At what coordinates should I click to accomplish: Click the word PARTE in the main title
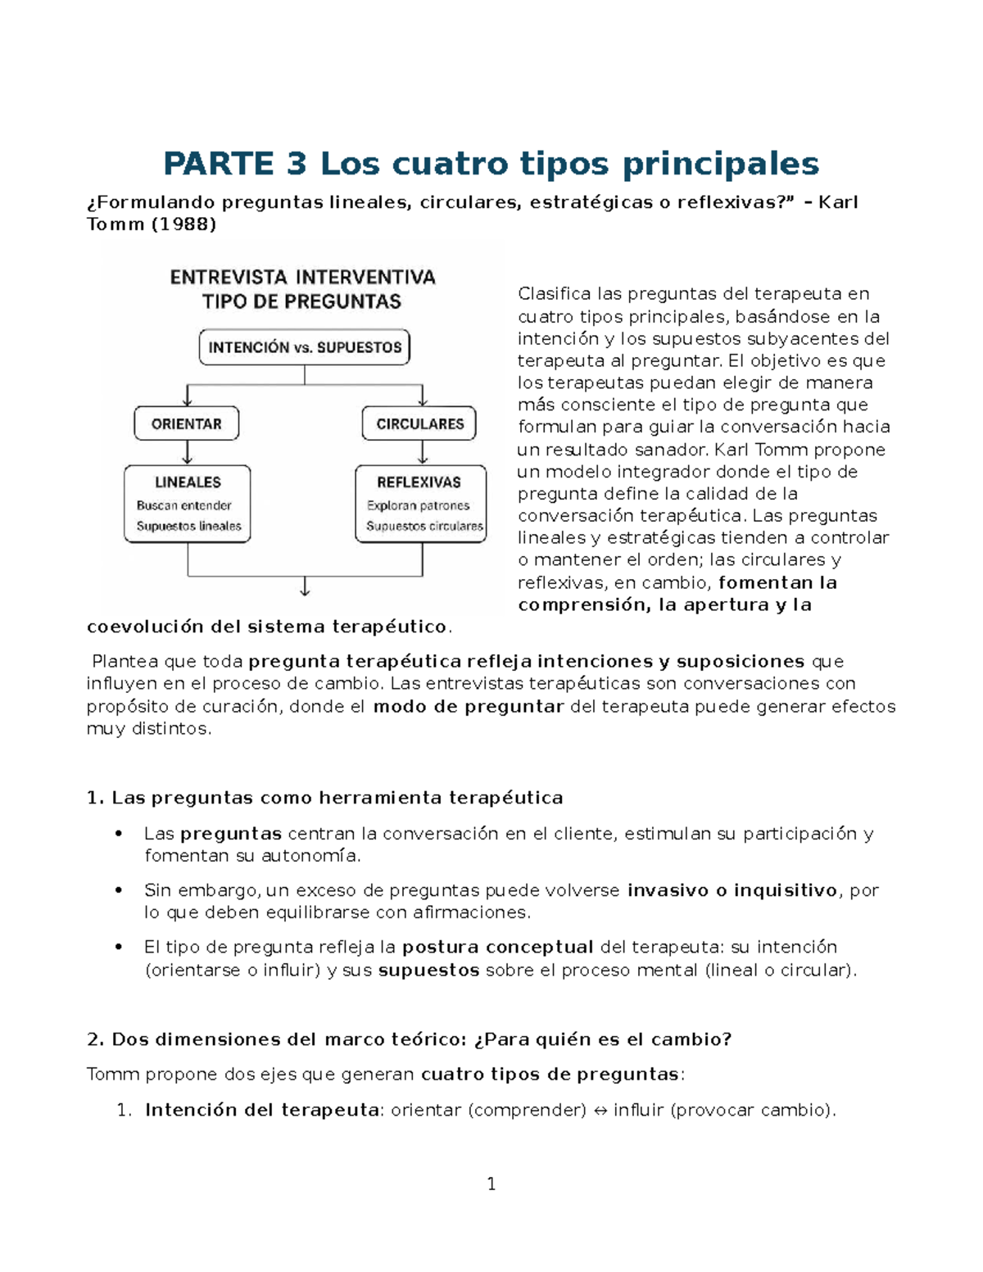[217, 164]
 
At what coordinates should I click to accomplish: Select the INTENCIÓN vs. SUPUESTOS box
[305, 347]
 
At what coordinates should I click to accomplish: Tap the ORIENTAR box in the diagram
[187, 423]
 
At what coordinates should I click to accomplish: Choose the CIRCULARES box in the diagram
[419, 423]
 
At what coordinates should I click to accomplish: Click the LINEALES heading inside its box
[188, 482]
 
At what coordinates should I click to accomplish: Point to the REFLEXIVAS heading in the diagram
[419, 482]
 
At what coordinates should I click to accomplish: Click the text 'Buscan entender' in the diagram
[183, 505]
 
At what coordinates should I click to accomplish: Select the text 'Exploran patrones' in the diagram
[418, 505]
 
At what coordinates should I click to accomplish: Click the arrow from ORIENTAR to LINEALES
[188, 453]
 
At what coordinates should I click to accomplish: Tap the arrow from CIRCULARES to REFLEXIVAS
[423, 453]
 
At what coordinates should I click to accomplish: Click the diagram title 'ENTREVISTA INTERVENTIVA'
[302, 278]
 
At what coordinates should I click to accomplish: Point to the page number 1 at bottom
[491, 1184]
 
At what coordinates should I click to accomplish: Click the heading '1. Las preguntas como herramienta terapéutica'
[324, 798]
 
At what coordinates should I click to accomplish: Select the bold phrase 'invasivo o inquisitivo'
[733, 890]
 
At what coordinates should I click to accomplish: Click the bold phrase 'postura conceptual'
[497, 948]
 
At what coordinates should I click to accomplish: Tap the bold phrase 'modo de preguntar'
[468, 707]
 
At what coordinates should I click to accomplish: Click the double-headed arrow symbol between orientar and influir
[600, 1111]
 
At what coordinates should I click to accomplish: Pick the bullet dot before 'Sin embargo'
[120, 890]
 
